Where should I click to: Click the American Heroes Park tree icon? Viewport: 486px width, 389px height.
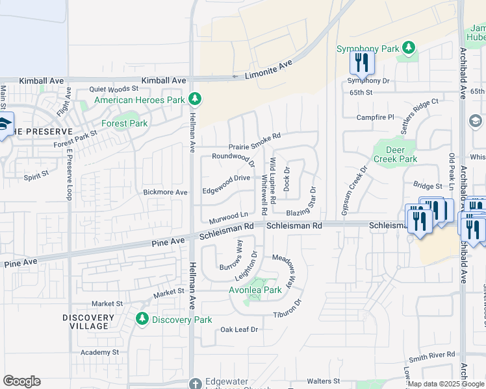point(194,99)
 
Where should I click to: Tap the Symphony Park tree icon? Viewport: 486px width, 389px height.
point(409,48)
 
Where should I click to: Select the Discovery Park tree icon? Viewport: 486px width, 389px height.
point(142,319)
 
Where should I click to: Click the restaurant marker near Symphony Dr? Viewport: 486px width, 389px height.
point(362,63)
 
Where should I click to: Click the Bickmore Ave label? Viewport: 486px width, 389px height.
point(165,193)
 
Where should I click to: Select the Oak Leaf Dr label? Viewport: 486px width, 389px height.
point(239,330)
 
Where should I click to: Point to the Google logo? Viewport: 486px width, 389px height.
point(21,381)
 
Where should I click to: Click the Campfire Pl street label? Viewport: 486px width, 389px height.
point(376,117)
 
